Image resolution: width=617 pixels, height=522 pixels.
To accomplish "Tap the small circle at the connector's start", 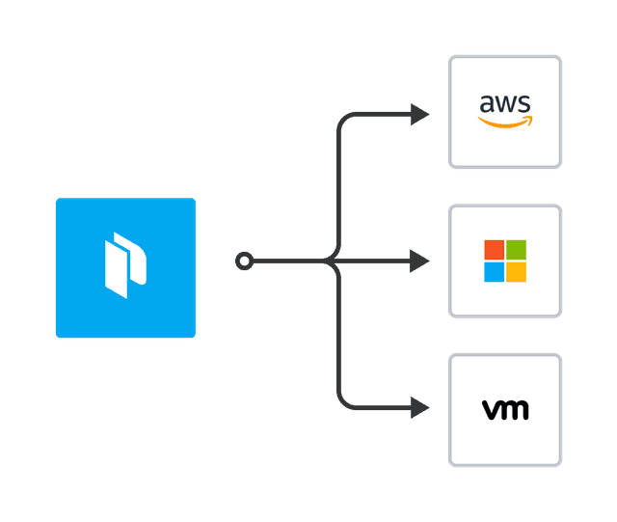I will (x=245, y=261).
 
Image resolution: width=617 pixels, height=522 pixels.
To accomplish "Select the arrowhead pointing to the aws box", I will (x=420, y=115).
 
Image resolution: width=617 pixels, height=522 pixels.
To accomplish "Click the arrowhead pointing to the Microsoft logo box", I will (x=420, y=261).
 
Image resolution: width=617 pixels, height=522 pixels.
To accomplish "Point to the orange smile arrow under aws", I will (x=505, y=123).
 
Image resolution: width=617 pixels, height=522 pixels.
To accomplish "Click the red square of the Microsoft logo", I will (x=494, y=249).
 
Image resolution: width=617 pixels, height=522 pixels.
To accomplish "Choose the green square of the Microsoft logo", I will (x=517, y=249).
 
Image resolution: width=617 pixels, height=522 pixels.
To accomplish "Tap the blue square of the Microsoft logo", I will (x=494, y=272).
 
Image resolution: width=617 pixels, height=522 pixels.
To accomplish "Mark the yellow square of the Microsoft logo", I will (x=517, y=272).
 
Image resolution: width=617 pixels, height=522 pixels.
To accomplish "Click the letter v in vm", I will (x=492, y=411).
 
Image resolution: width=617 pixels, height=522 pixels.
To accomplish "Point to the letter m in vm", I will (x=516, y=411).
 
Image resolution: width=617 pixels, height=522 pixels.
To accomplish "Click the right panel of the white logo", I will (x=136, y=259).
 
